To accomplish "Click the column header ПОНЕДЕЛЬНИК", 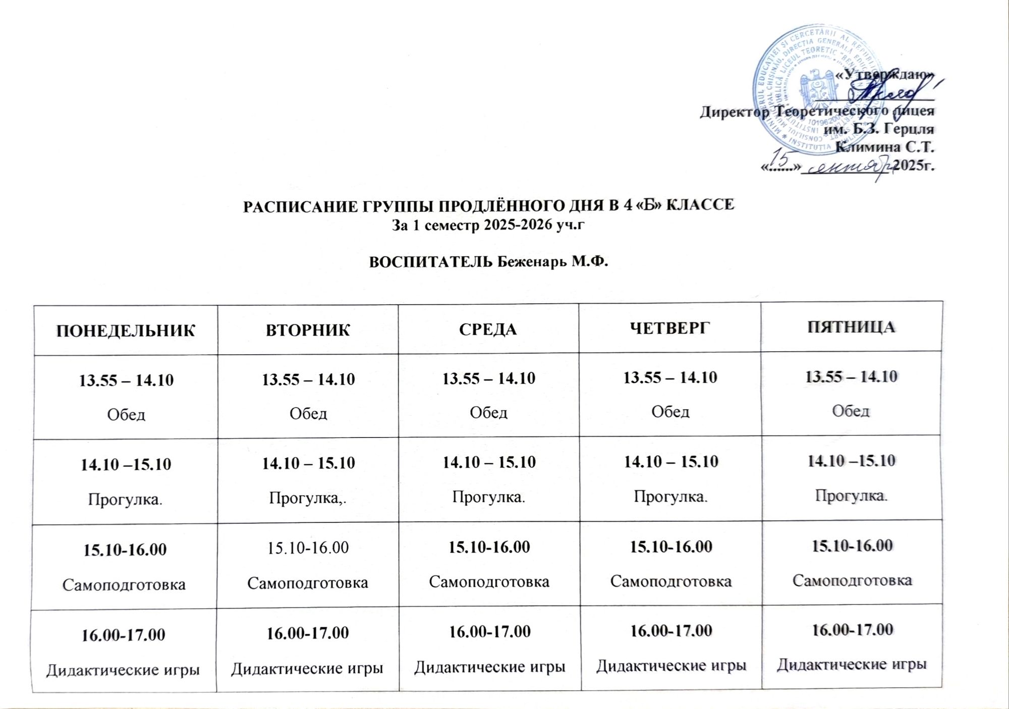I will click(125, 331).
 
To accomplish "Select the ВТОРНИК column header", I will click(308, 330).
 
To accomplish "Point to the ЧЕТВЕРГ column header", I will click(669, 328).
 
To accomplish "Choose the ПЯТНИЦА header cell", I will click(851, 327).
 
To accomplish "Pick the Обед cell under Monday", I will click(126, 414).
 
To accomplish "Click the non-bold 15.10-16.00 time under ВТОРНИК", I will click(308, 548).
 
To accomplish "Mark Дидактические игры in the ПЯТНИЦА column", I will click(852, 664).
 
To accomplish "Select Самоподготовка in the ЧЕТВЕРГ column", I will click(670, 581).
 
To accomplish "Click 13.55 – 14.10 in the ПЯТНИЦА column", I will click(851, 376).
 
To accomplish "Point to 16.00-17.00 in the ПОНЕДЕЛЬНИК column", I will click(124, 634).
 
